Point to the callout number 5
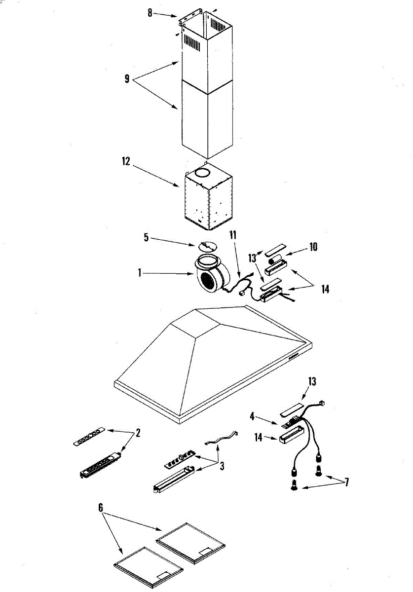pos(146,237)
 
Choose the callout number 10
pos(314,246)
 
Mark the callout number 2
pos(138,433)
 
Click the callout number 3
pos(222,466)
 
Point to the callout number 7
pos(346,482)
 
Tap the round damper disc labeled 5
pos(207,246)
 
